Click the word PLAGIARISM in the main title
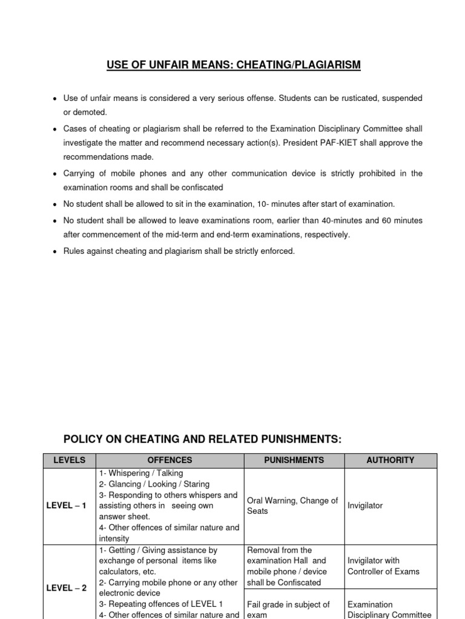tap(326, 65)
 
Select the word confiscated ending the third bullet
tap(202, 187)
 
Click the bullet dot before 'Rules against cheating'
tap(55, 251)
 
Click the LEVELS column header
tap(70, 460)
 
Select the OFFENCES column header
tap(170, 460)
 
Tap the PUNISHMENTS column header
tap(294, 460)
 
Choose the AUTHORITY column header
tap(390, 460)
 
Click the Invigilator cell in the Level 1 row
tap(365, 506)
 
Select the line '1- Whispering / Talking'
tap(140, 473)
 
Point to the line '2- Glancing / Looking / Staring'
tap(154, 484)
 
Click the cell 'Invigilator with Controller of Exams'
tap(383, 566)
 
